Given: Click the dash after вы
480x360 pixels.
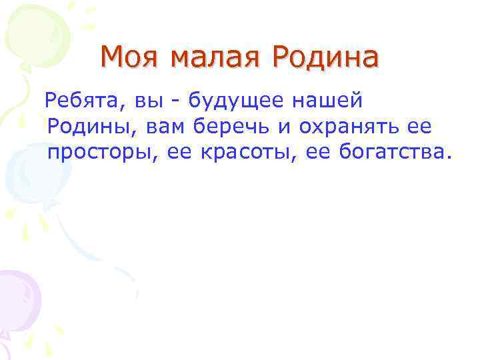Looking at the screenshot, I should coord(175,103).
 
